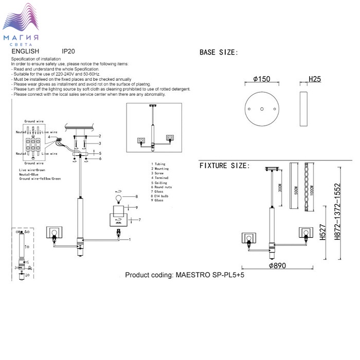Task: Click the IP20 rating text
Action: (x=68, y=52)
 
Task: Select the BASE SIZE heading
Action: (x=218, y=52)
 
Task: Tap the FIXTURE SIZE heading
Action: (x=224, y=166)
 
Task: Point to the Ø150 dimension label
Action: (x=262, y=80)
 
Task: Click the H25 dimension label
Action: (x=315, y=80)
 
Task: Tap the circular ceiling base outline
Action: (x=262, y=109)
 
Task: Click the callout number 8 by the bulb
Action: (x=137, y=196)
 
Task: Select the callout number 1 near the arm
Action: (x=130, y=240)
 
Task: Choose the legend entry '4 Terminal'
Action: (x=160, y=178)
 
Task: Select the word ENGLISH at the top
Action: (x=25, y=52)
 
